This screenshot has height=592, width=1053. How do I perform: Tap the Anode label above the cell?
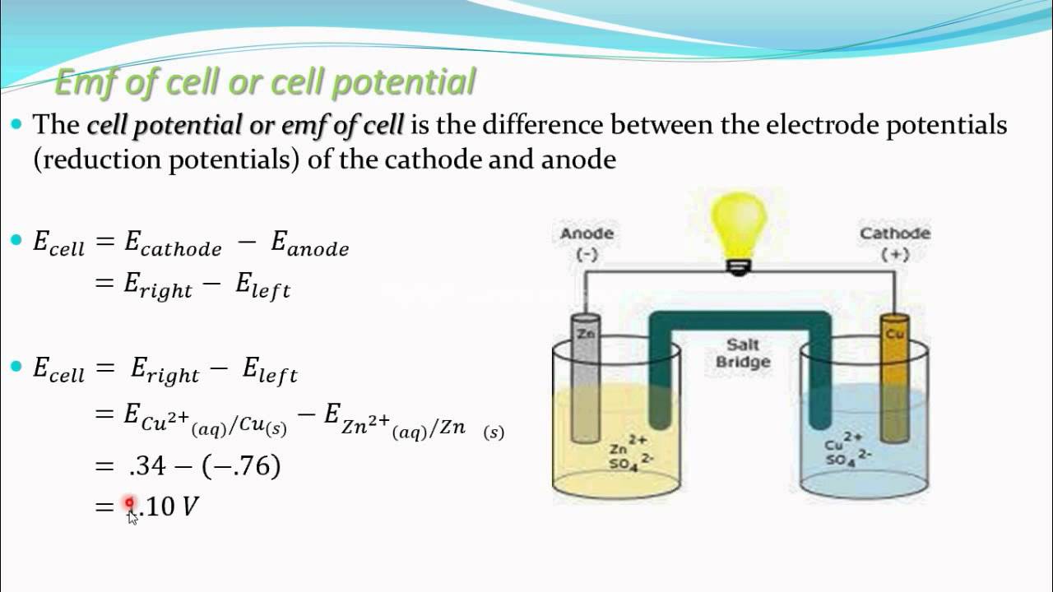click(x=587, y=234)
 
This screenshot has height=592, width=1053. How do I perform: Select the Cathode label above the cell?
click(x=895, y=234)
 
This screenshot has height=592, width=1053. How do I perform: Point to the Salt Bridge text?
click(x=743, y=353)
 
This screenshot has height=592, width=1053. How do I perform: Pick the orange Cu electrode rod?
click(x=893, y=370)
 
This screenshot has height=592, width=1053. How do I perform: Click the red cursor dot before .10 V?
click(x=129, y=503)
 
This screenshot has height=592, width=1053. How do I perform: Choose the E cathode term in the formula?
click(x=173, y=244)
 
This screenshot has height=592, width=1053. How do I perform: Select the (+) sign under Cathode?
click(x=895, y=255)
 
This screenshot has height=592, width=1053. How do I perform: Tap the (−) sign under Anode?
click(x=587, y=255)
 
